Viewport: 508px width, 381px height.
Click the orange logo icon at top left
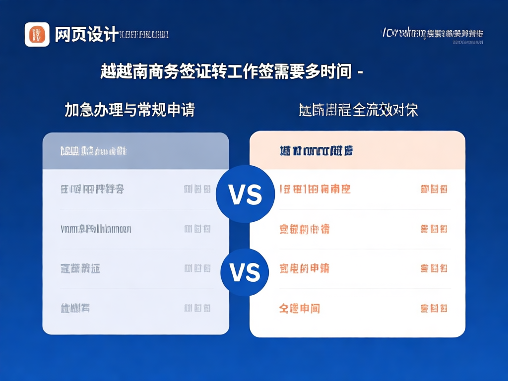pyautogui.click(x=37, y=35)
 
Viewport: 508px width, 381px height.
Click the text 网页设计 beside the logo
pyautogui.click(x=86, y=35)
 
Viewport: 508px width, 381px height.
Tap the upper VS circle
pyautogui.click(x=245, y=194)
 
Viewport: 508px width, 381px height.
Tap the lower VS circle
pyautogui.click(x=245, y=272)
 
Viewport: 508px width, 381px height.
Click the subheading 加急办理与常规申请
pyautogui.click(x=129, y=110)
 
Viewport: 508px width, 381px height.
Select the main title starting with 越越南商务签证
pyautogui.click(x=231, y=72)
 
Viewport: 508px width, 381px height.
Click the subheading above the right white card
pyautogui.click(x=358, y=110)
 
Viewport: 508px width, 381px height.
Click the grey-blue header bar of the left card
pyautogui.click(x=135, y=151)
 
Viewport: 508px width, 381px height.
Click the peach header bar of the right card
pyautogui.click(x=357, y=151)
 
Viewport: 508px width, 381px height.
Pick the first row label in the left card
pyautogui.click(x=92, y=189)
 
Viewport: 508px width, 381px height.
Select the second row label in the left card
pyautogui.click(x=96, y=229)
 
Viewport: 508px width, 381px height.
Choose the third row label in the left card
pyautogui.click(x=80, y=268)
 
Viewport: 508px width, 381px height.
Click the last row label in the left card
pyautogui.click(x=75, y=308)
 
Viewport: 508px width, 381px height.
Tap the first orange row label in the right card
pyautogui.click(x=315, y=189)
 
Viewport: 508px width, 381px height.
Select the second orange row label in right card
pyautogui.click(x=305, y=229)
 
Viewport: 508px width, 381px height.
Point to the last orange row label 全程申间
pyautogui.click(x=300, y=308)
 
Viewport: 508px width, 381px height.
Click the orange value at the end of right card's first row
pyautogui.click(x=434, y=189)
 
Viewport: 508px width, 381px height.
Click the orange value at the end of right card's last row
pyautogui.click(x=434, y=308)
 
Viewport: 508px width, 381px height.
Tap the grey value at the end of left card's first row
pyautogui.click(x=197, y=189)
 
